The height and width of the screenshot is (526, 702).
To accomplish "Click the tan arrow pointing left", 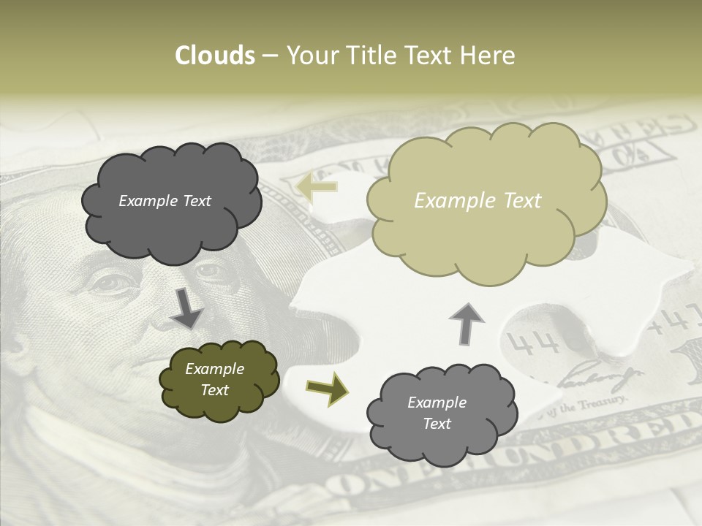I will (317, 187).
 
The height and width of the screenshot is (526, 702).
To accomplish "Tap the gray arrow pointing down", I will (186, 310).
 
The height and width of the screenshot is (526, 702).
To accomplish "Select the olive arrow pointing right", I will (327, 388).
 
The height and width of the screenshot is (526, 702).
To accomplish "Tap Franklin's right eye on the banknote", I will (210, 271).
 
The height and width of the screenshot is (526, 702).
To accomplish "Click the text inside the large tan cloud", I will (478, 201).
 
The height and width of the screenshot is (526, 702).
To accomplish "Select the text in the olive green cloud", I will (214, 379).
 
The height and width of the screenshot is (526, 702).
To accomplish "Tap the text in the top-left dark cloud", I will (165, 201).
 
